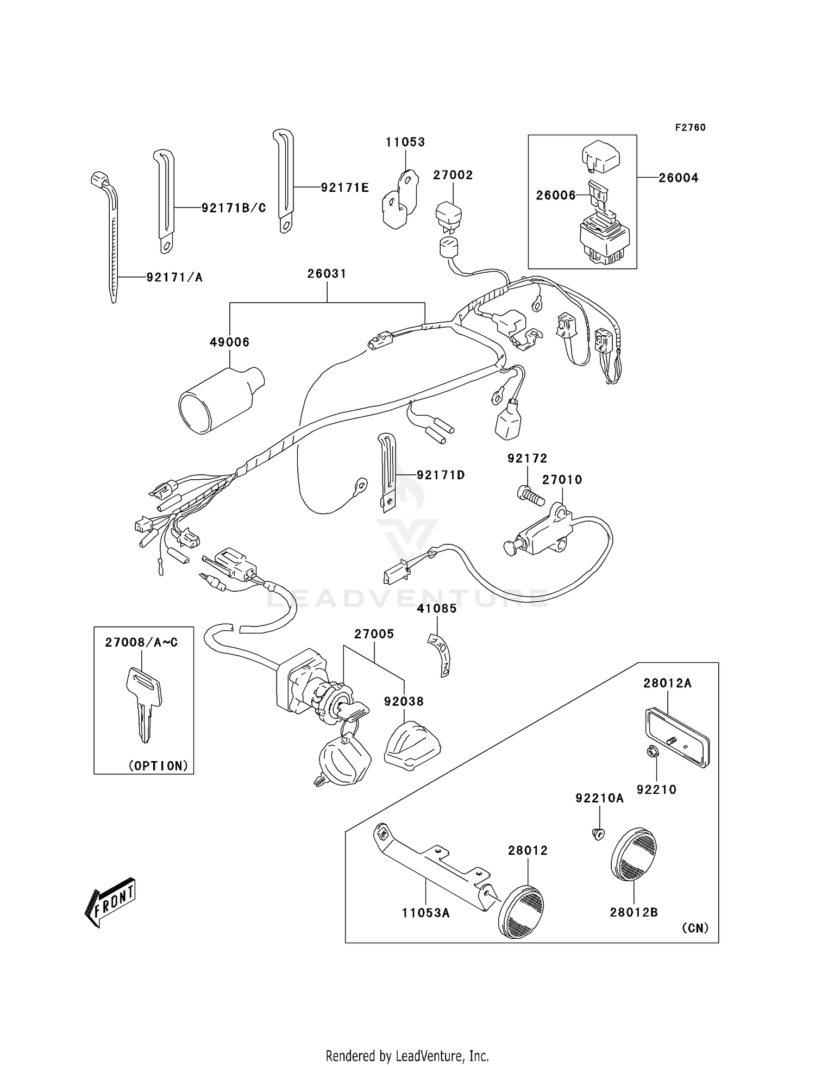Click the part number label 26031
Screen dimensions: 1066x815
[327, 274]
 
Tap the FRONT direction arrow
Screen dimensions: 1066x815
[110, 902]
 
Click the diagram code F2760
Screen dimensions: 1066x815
[690, 128]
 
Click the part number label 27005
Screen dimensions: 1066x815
[374, 634]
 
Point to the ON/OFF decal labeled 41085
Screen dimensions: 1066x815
[438, 654]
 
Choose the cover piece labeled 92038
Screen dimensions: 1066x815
[411, 745]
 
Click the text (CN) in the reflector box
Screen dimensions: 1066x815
[695, 928]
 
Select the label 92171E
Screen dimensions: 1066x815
[344, 188]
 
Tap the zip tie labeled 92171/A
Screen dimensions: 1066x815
[111, 239]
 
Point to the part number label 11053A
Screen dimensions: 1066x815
[425, 913]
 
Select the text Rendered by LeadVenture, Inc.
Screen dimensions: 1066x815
[407, 1056]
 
